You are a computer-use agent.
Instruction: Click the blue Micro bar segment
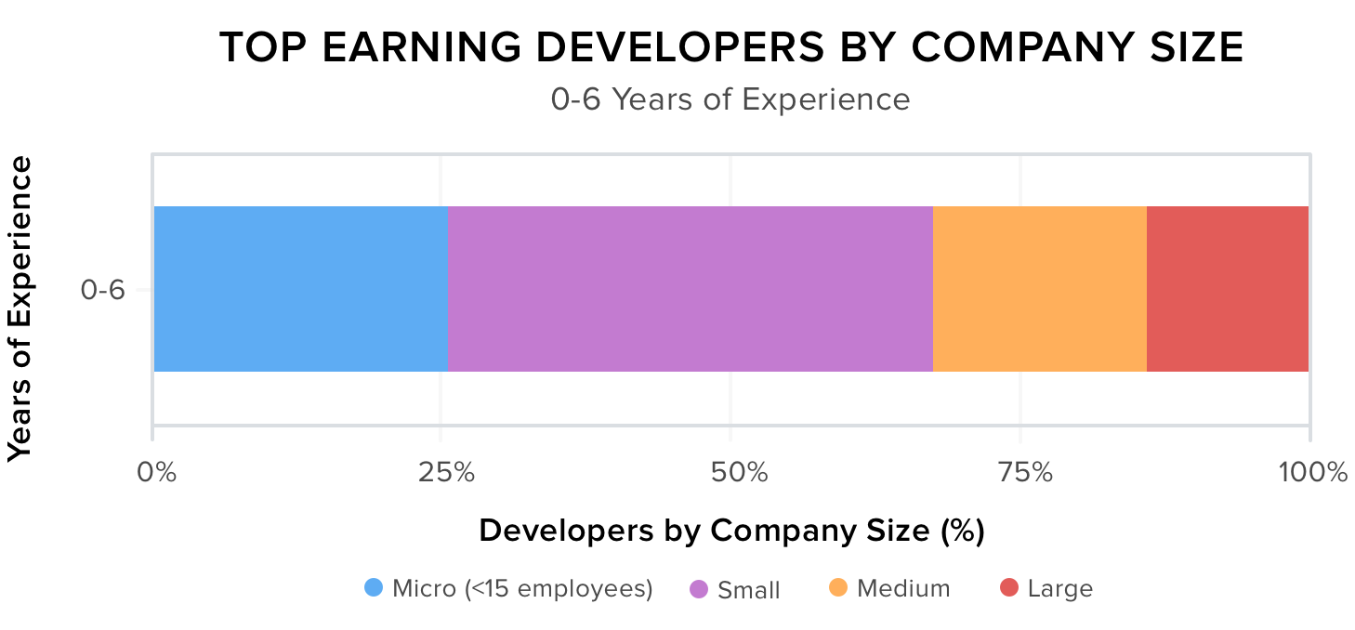(x=300, y=289)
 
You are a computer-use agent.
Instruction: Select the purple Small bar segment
(x=690, y=289)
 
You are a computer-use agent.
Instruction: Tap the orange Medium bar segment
(x=1039, y=289)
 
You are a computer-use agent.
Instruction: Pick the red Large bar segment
(x=1227, y=289)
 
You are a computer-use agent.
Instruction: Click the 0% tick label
(x=156, y=473)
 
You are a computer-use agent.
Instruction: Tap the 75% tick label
(x=1021, y=473)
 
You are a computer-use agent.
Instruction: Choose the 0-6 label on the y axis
(x=102, y=290)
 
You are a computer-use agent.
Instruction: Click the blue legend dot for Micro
(x=374, y=588)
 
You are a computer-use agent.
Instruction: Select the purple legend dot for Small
(x=699, y=589)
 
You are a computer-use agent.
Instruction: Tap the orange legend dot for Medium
(x=838, y=588)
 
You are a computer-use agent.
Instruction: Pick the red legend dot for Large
(x=1009, y=588)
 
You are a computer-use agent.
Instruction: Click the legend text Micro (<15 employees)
(x=522, y=588)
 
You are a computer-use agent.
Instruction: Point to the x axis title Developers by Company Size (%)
(x=731, y=531)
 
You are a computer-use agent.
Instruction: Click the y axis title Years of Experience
(x=20, y=308)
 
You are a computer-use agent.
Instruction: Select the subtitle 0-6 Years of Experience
(x=730, y=98)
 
